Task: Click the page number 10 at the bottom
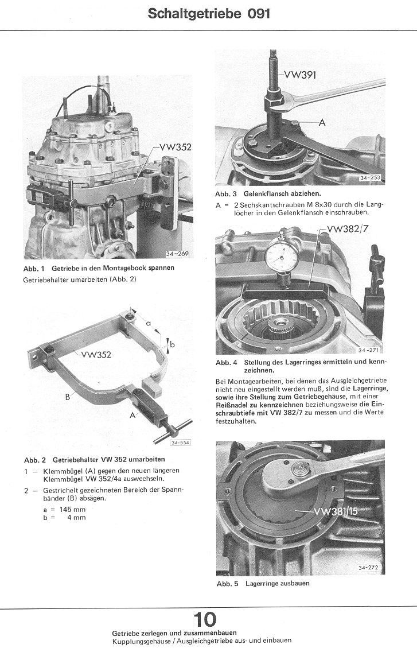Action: point(205,619)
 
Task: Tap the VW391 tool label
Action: point(299,75)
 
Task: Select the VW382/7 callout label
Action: point(346,230)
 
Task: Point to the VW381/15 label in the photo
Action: point(335,511)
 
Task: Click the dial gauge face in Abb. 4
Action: point(281,253)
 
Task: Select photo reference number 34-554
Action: point(180,442)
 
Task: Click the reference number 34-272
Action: point(370,568)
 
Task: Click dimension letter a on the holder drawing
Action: point(148,323)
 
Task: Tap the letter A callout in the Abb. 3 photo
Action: point(322,122)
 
